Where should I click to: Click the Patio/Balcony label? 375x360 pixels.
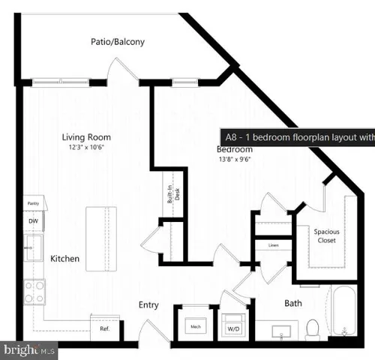pyautogui.click(x=118, y=42)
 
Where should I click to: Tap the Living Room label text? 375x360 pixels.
pyautogui.click(x=86, y=137)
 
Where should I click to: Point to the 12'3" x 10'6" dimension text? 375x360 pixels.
pyautogui.click(x=86, y=147)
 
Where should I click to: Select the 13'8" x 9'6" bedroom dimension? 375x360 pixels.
pyautogui.click(x=235, y=160)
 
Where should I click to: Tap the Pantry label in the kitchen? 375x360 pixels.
pyautogui.click(x=33, y=203)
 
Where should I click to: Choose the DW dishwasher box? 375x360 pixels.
pyautogui.click(x=33, y=222)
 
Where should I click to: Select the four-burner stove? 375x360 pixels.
pyautogui.click(x=34, y=291)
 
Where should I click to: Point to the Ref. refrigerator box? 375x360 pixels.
pyautogui.click(x=105, y=328)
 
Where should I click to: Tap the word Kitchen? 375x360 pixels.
pyautogui.click(x=65, y=259)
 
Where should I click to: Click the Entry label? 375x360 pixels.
pyautogui.click(x=148, y=305)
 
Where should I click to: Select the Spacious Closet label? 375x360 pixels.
pyautogui.click(x=327, y=237)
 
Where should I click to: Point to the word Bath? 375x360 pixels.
pyautogui.click(x=293, y=304)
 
